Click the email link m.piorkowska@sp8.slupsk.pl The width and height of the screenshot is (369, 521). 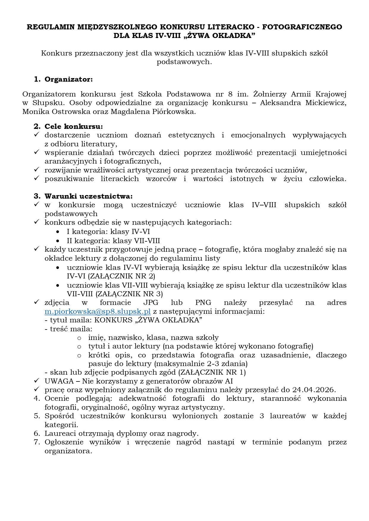pyautogui.click(x=98, y=311)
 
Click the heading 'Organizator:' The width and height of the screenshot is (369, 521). pyautogui.click(x=69, y=79)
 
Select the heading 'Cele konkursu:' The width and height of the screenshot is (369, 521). pyautogui.click(x=74, y=126)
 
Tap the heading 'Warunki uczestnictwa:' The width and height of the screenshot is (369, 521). pyautogui.click(x=89, y=196)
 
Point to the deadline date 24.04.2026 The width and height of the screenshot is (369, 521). pyautogui.click(x=314, y=390)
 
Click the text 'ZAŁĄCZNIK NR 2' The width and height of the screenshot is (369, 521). pyautogui.click(x=121, y=276)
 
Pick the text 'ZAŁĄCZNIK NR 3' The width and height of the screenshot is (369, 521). pyautogui.click(x=129, y=294)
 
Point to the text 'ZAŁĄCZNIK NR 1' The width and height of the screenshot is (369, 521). pyautogui.click(x=212, y=372)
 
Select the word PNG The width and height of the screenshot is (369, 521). pyautogui.click(x=203, y=303)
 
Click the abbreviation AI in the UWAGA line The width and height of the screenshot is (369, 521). pyautogui.click(x=229, y=381)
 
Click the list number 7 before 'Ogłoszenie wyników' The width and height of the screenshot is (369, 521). pyautogui.click(x=37, y=442)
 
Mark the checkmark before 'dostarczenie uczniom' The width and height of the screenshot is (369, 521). pyautogui.click(x=37, y=135)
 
